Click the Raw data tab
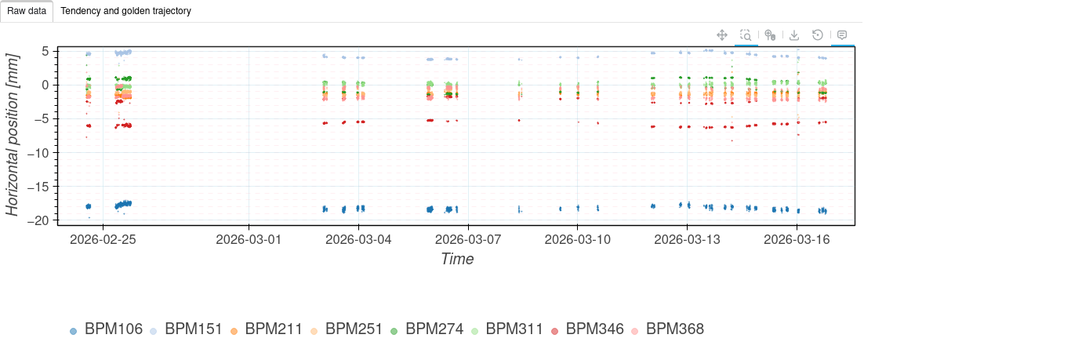pos(27,11)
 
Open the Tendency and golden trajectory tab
pos(125,11)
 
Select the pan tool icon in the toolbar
pos(722,35)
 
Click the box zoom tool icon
pos(746,35)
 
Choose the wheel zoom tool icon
pos(770,35)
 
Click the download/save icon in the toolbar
pos(794,35)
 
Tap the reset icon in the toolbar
pos(818,35)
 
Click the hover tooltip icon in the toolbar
pos(842,35)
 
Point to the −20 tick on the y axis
pos(38,220)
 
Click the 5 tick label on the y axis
pos(45,51)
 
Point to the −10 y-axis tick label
pos(38,153)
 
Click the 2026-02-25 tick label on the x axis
pos(103,239)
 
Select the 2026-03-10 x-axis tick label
pos(578,239)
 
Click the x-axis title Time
pos(457,259)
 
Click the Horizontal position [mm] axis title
pos(13,135)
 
